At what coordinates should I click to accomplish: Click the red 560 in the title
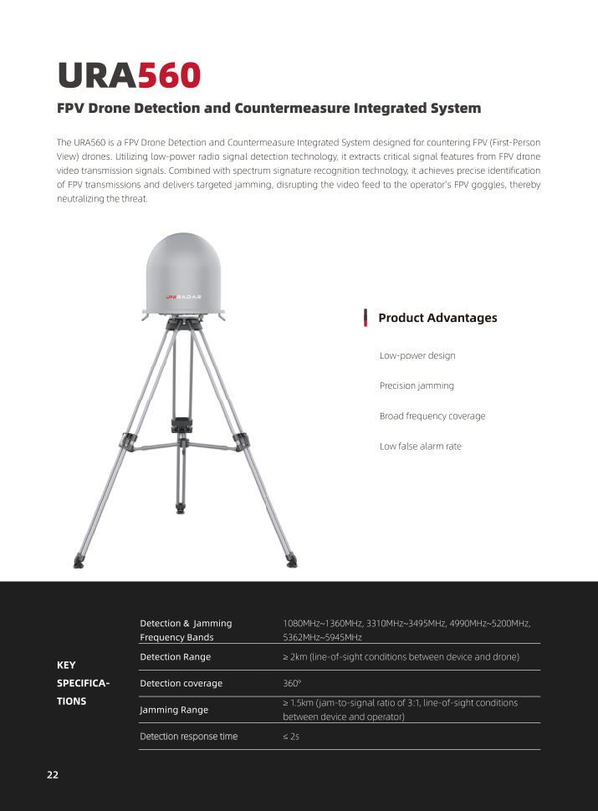pyautogui.click(x=169, y=74)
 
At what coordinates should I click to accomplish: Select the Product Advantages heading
pyautogui.click(x=437, y=318)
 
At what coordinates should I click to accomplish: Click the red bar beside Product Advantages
pyautogui.click(x=365, y=318)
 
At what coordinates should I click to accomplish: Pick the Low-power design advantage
pyautogui.click(x=417, y=355)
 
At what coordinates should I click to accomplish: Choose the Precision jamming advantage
pyautogui.click(x=417, y=385)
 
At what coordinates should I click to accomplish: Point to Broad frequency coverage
pyautogui.click(x=432, y=416)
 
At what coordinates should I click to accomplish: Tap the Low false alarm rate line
pyautogui.click(x=420, y=446)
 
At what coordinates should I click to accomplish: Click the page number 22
pyautogui.click(x=53, y=775)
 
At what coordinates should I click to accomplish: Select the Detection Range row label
pyautogui.click(x=175, y=657)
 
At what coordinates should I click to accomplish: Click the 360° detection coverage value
pyautogui.click(x=292, y=683)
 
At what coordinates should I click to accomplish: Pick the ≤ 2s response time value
pyautogui.click(x=291, y=737)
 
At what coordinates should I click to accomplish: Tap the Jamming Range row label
pyautogui.click(x=174, y=710)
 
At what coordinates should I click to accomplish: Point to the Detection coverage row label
pyautogui.click(x=181, y=683)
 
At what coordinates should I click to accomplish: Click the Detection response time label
pyautogui.click(x=188, y=737)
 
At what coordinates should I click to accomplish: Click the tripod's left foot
pyautogui.click(x=79, y=563)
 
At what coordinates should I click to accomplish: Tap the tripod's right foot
pyautogui.click(x=290, y=559)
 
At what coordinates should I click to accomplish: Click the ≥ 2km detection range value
pyautogui.click(x=401, y=657)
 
